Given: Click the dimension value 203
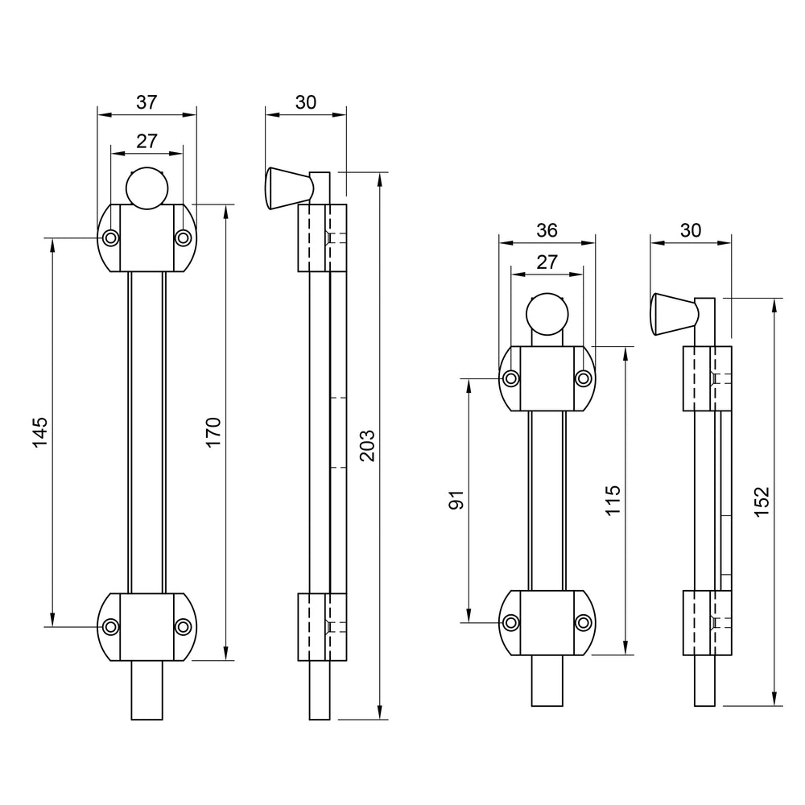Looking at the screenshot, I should tap(367, 445).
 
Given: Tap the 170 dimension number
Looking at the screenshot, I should tap(213, 432).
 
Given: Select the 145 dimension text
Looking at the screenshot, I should tap(41, 432).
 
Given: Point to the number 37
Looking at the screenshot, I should tap(146, 102).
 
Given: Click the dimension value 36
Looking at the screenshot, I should tap(547, 230).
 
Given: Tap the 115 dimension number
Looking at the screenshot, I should tap(614, 501).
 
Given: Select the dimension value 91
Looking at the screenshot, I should tap(455, 500).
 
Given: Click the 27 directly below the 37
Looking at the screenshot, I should tap(146, 141).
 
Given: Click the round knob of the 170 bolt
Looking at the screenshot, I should tap(147, 187).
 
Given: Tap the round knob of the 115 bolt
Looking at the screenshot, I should tap(547, 314).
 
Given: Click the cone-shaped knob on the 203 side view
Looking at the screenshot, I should tap(282, 188).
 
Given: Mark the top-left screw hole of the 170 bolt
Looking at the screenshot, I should tap(110, 237).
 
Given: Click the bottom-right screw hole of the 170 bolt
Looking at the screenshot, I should tap(184, 626).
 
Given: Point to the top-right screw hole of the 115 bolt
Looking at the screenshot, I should tap(584, 378).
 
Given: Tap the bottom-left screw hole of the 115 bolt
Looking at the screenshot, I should tap(510, 621).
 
